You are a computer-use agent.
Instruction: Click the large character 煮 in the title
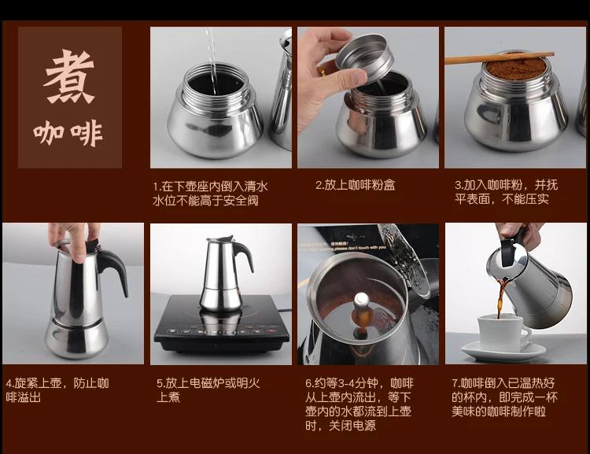pos(69,76)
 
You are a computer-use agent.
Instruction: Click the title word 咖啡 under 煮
pos(68,133)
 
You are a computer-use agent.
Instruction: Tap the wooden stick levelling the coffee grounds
pos(500,58)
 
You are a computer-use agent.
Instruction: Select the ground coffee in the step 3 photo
pos(515,68)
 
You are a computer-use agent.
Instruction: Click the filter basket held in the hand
pos(364,58)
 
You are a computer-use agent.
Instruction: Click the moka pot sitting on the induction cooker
pos(225,274)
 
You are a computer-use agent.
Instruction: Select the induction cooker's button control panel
pos(219,332)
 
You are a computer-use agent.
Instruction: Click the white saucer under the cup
pos(503,351)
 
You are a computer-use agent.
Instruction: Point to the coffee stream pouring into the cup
pos(501,297)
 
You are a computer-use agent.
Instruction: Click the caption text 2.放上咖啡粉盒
pos(356,185)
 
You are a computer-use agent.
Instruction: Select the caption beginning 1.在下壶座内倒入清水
pos(210,193)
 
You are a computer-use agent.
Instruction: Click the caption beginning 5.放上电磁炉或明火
pos(208,389)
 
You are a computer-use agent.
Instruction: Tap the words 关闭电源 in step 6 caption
pos(352,426)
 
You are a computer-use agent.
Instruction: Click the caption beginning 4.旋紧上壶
pos(57,389)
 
